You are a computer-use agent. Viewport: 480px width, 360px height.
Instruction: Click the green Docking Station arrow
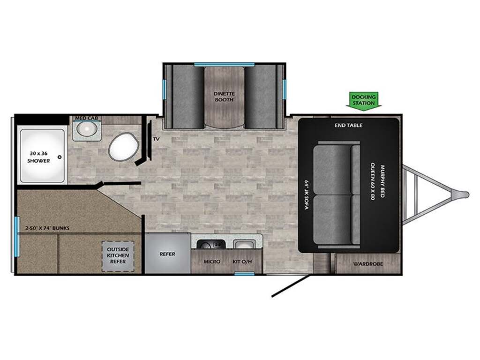click(x=364, y=100)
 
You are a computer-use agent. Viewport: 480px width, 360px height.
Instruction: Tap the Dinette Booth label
click(x=224, y=97)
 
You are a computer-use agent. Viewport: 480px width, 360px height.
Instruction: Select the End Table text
click(x=348, y=125)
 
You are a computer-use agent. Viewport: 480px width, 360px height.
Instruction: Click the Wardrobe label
click(x=367, y=264)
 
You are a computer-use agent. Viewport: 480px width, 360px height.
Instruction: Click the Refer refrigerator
click(x=167, y=254)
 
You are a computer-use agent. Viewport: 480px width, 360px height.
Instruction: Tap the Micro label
click(x=212, y=262)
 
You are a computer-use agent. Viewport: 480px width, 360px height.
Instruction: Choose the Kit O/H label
click(x=242, y=262)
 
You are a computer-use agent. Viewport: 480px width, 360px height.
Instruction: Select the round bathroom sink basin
click(x=87, y=129)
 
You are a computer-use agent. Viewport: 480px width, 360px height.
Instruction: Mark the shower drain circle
click(x=60, y=157)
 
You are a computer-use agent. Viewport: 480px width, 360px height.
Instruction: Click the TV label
click(x=156, y=139)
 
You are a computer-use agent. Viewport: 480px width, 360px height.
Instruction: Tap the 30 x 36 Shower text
click(x=39, y=157)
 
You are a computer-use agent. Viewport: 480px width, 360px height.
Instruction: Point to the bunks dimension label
click(x=47, y=228)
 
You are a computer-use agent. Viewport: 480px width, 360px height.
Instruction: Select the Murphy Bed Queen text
click(x=377, y=183)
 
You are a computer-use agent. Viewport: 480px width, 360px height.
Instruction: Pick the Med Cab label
click(x=87, y=118)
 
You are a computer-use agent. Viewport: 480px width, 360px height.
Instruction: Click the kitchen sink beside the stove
click(x=244, y=244)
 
